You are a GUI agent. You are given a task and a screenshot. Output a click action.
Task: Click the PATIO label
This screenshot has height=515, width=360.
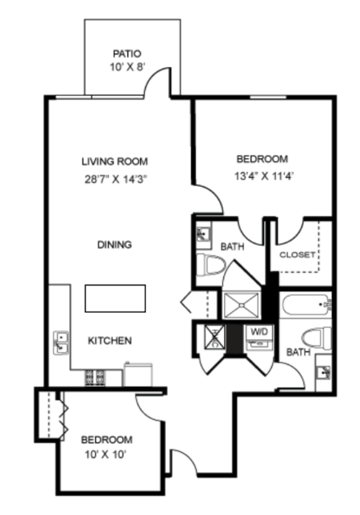coord(127,53)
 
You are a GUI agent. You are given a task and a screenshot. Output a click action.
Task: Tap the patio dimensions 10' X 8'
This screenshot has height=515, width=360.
coord(127,68)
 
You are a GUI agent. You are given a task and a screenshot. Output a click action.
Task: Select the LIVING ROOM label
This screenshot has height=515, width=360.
coord(115,162)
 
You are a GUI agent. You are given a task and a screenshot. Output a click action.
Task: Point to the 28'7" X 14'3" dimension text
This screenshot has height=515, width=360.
coord(115,180)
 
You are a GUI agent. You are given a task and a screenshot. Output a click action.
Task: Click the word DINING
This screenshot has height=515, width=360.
coord(114,245)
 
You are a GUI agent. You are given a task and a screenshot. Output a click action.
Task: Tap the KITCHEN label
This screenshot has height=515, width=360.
coord(110,341)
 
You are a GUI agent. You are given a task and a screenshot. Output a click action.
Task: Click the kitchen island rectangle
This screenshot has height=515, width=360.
coord(115,298)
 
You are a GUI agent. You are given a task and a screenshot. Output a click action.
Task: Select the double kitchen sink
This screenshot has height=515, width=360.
coord(61,343)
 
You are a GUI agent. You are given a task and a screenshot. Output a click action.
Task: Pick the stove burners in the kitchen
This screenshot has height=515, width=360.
coord(95,378)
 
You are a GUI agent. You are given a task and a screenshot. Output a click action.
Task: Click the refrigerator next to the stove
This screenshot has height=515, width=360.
coord(138,375)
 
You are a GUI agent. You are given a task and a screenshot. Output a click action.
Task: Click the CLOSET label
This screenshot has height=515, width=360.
coord(297,255)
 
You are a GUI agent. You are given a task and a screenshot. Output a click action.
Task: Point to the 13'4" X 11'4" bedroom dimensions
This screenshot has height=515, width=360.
coord(263,177)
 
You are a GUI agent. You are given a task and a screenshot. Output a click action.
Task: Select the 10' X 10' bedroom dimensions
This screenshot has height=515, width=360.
coord(106,455)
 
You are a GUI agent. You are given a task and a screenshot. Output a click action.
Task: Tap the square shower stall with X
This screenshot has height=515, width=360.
coord(241,305)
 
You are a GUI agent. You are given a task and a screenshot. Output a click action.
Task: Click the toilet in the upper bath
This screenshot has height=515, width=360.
coord(211,264)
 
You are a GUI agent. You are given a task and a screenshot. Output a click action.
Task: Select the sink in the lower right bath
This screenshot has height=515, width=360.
coord(324,372)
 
